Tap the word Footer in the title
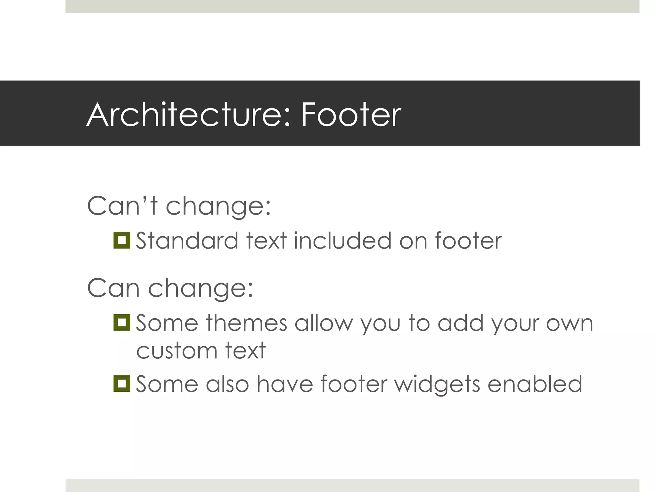pyautogui.click(x=351, y=115)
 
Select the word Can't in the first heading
pyautogui.click(x=122, y=206)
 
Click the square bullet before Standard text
pyautogui.click(x=122, y=240)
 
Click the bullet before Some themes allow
pyautogui.click(x=122, y=323)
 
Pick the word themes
pyautogui.click(x=246, y=323)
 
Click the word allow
pyautogui.click(x=324, y=323)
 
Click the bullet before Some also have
pyautogui.click(x=122, y=384)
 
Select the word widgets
pyautogui.click(x=437, y=384)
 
